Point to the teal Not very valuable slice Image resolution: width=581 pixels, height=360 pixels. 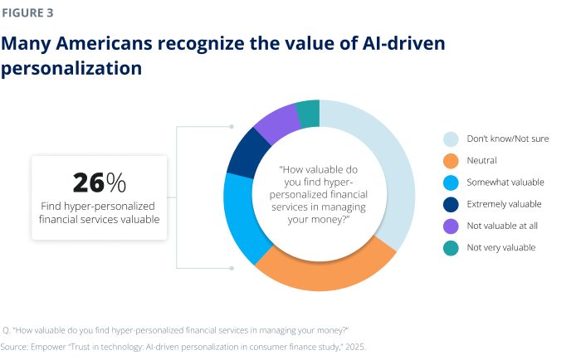307,113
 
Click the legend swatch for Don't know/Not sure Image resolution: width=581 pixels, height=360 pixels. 450,139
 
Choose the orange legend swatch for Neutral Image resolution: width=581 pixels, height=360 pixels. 450,160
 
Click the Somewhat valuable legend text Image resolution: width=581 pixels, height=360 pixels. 505,182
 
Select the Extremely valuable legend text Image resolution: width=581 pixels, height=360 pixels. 505,203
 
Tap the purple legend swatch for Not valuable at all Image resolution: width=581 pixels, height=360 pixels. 450,225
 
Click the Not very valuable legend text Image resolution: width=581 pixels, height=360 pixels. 502,247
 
